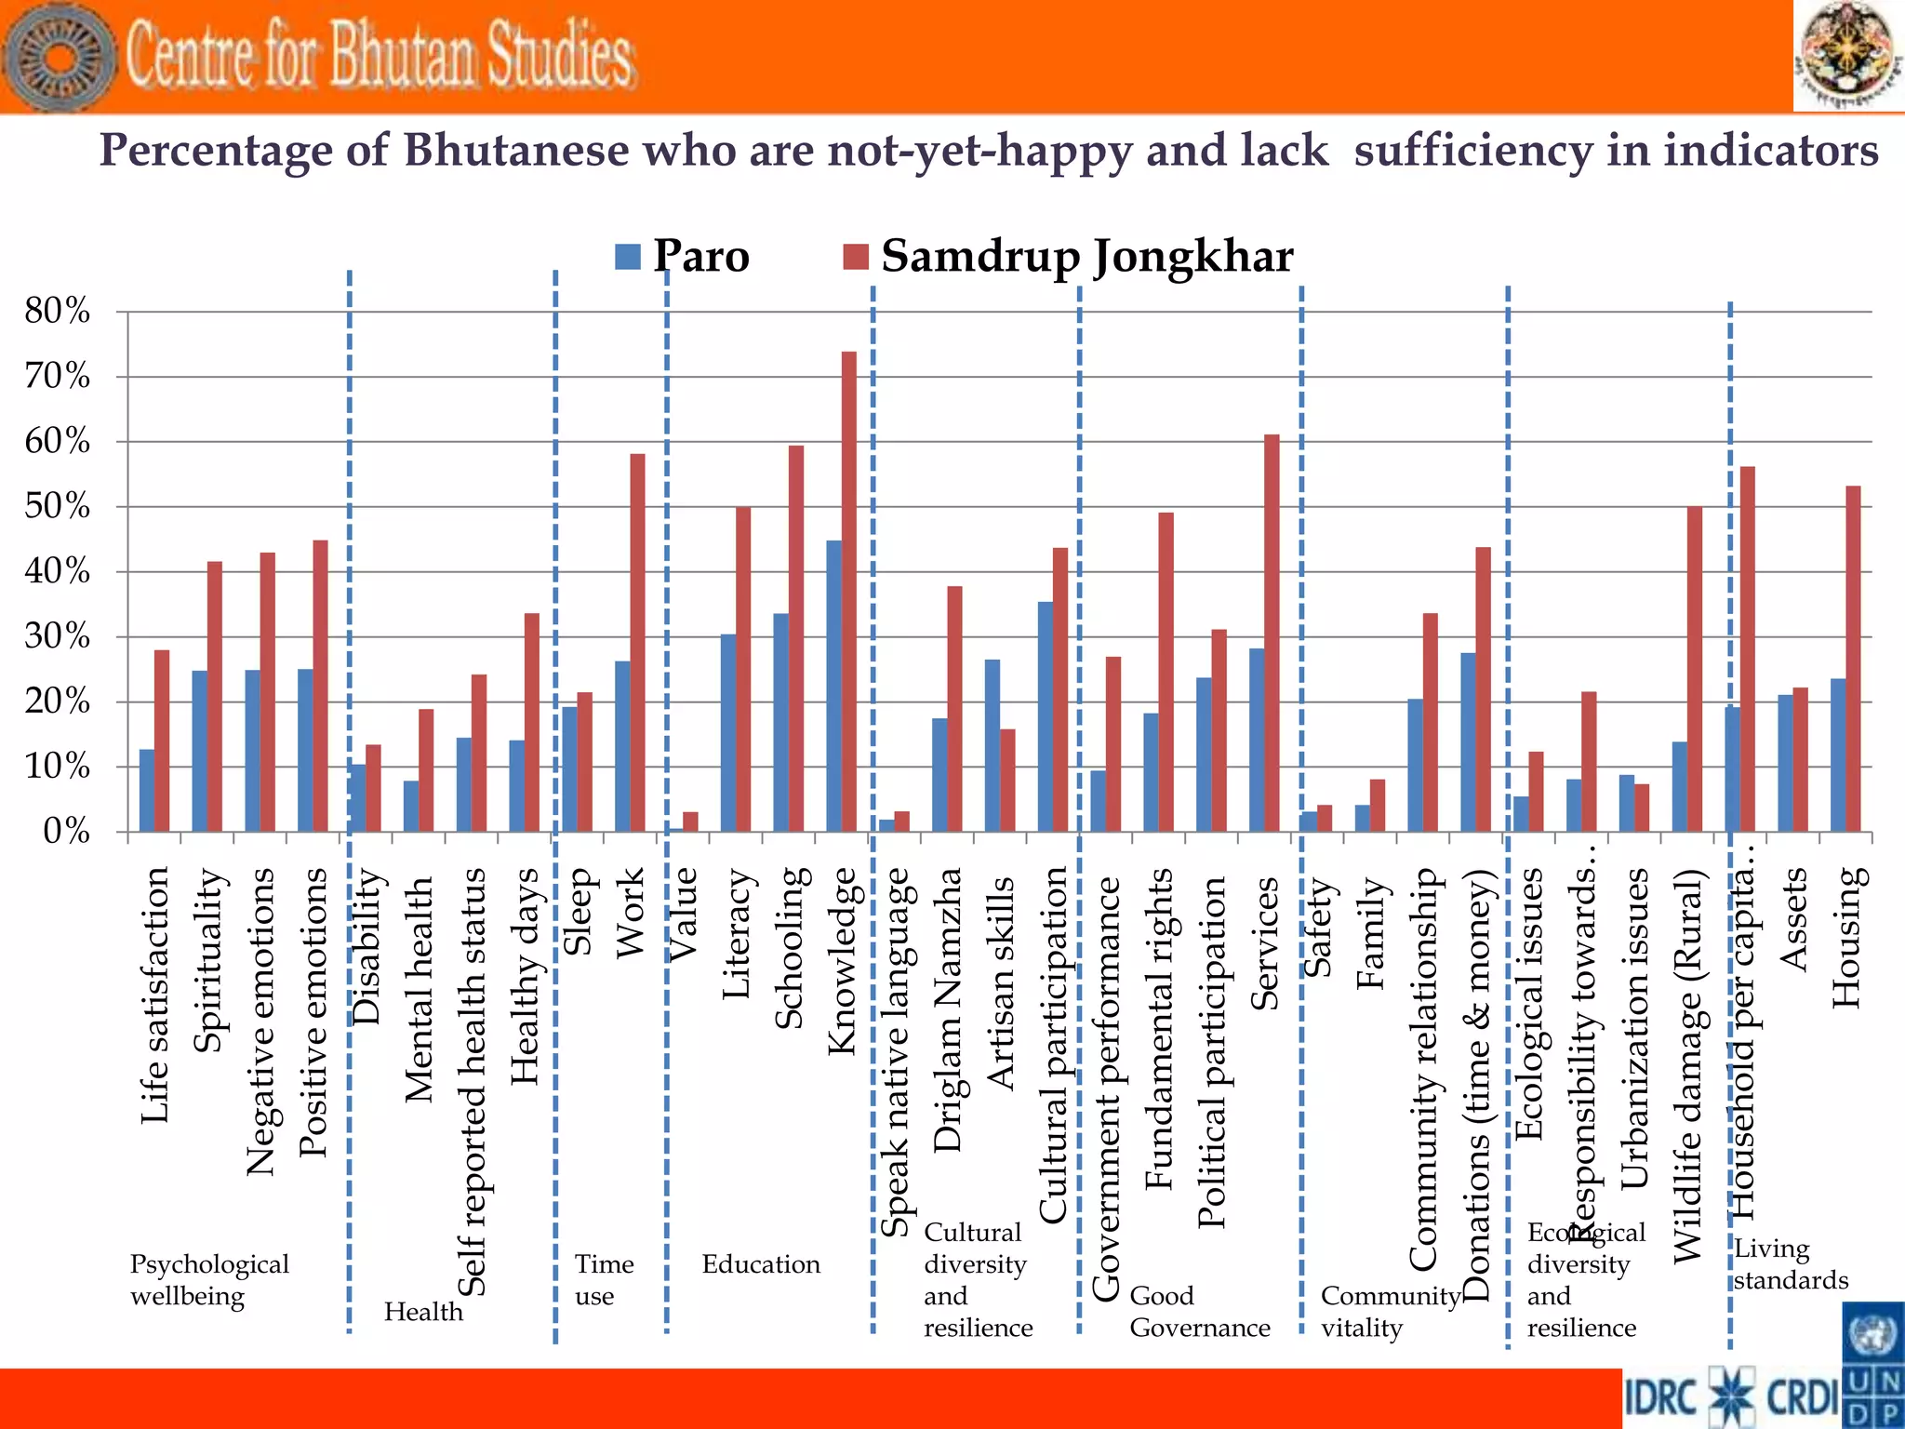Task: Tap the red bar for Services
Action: tap(1272, 633)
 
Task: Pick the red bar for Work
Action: tap(637, 642)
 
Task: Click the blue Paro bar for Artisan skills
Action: tap(992, 745)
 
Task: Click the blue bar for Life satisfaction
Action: tap(147, 790)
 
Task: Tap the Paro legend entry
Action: tap(683, 256)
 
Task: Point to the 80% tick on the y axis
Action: tap(58, 312)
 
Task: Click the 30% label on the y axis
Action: tap(58, 637)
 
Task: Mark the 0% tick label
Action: tap(65, 831)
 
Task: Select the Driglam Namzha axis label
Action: tap(948, 1009)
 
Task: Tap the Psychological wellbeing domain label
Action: tap(208, 1279)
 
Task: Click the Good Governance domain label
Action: tap(1199, 1312)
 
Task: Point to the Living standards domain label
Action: tap(1790, 1263)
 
